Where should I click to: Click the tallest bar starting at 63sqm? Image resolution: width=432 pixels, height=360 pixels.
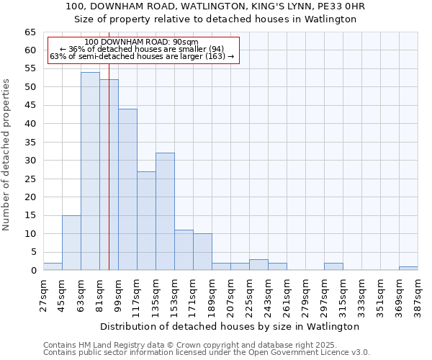tap(90, 171)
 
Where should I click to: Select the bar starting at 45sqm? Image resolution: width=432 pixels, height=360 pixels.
tap(71, 243)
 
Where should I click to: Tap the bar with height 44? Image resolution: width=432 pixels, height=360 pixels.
tap(127, 189)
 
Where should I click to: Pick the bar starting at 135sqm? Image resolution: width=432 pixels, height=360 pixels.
tap(165, 212)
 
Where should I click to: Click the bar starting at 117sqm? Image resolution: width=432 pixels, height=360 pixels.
tap(146, 221)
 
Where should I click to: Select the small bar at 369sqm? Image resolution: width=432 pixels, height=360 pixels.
tap(408, 269)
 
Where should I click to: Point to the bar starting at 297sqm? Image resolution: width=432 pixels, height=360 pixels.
tap(333, 266)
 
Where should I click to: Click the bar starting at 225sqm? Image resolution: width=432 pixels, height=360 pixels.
tap(258, 265)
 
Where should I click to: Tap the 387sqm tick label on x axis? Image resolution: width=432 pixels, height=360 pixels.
tap(418, 295)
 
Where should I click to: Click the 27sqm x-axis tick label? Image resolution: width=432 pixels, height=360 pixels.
tap(44, 295)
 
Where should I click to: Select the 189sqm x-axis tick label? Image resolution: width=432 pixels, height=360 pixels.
tap(212, 295)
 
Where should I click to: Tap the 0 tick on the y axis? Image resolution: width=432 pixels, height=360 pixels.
tap(33, 271)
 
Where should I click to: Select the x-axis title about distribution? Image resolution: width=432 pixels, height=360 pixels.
tap(230, 326)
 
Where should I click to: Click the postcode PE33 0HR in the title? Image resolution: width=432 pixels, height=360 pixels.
tap(339, 6)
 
